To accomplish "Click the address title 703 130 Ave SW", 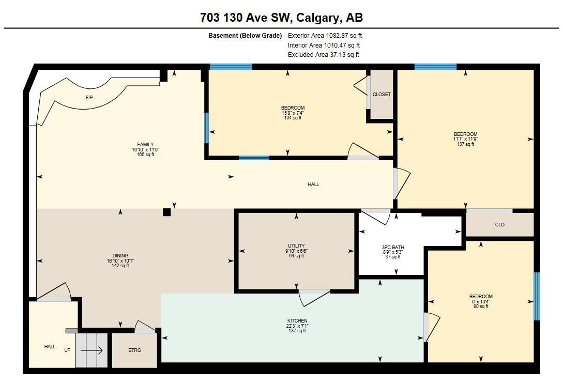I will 281,18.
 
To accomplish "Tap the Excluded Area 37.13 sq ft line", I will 323,54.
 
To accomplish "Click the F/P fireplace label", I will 89,97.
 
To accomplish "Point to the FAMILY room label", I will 145,145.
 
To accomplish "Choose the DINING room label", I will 120,256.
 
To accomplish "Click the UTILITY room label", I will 296,246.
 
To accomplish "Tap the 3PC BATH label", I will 393,248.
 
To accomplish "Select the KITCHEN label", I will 297,321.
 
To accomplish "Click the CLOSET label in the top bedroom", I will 382,95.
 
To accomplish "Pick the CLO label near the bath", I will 499,225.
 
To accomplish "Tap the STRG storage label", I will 134,350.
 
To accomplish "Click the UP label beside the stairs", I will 67,350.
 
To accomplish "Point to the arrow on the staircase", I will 92,350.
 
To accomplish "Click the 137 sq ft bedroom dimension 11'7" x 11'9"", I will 465,139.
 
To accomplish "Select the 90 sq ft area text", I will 481,306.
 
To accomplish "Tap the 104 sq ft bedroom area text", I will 293,118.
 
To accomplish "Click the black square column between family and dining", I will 166,212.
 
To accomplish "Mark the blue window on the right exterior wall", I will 537,296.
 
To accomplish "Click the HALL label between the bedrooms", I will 313,185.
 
